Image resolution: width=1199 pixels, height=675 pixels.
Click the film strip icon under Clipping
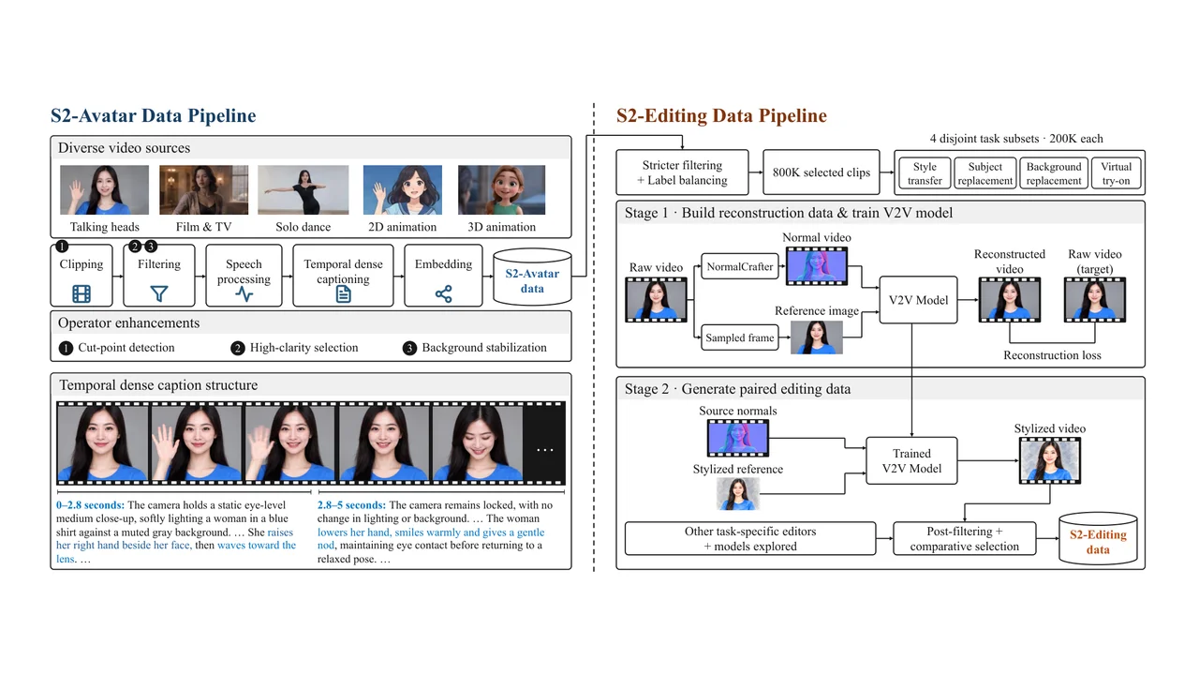click(81, 293)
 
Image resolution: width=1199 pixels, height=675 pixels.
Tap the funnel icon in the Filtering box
click(159, 293)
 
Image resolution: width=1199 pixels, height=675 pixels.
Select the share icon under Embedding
click(443, 293)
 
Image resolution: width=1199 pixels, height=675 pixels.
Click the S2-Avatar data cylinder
click(532, 277)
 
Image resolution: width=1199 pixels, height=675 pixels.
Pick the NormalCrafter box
click(740, 267)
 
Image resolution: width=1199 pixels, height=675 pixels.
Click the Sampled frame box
click(740, 337)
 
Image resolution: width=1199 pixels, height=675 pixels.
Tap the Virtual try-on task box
click(1116, 173)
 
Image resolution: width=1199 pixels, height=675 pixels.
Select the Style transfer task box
click(925, 173)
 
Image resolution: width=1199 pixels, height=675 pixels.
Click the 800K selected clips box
click(822, 172)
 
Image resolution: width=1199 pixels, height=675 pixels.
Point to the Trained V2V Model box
click(911, 460)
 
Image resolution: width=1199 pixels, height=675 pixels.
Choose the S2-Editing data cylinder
click(1098, 538)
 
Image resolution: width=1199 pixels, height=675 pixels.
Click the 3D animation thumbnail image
click(501, 189)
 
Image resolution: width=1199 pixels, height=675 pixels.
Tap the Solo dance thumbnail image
click(303, 189)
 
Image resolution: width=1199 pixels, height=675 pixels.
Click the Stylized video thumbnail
click(1050, 460)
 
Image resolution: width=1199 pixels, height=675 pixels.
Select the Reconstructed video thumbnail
click(1010, 299)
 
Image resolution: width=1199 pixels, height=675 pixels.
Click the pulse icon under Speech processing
click(244, 294)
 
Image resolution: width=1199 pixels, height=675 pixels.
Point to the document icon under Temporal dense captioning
click(343, 294)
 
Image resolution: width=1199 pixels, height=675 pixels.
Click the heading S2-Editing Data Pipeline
click(721, 115)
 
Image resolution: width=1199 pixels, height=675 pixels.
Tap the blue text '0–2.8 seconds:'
click(90, 505)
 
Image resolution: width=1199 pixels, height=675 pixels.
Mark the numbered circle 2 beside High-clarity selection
click(238, 348)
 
